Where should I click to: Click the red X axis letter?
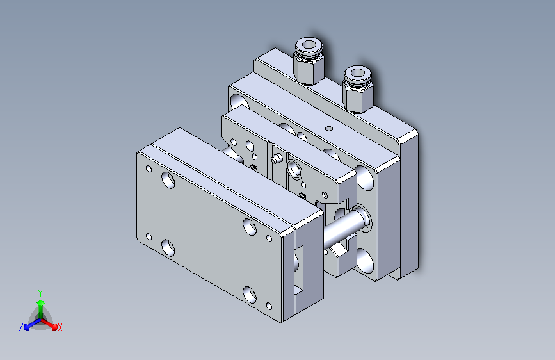click(60, 328)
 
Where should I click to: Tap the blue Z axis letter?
click(21, 327)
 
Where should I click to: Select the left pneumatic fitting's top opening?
click(309, 45)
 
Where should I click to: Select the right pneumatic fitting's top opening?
click(358, 72)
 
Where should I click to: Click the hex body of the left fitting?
click(309, 70)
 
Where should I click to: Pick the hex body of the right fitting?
click(357, 98)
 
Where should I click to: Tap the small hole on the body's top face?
click(329, 128)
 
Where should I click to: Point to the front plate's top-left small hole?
click(149, 169)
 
